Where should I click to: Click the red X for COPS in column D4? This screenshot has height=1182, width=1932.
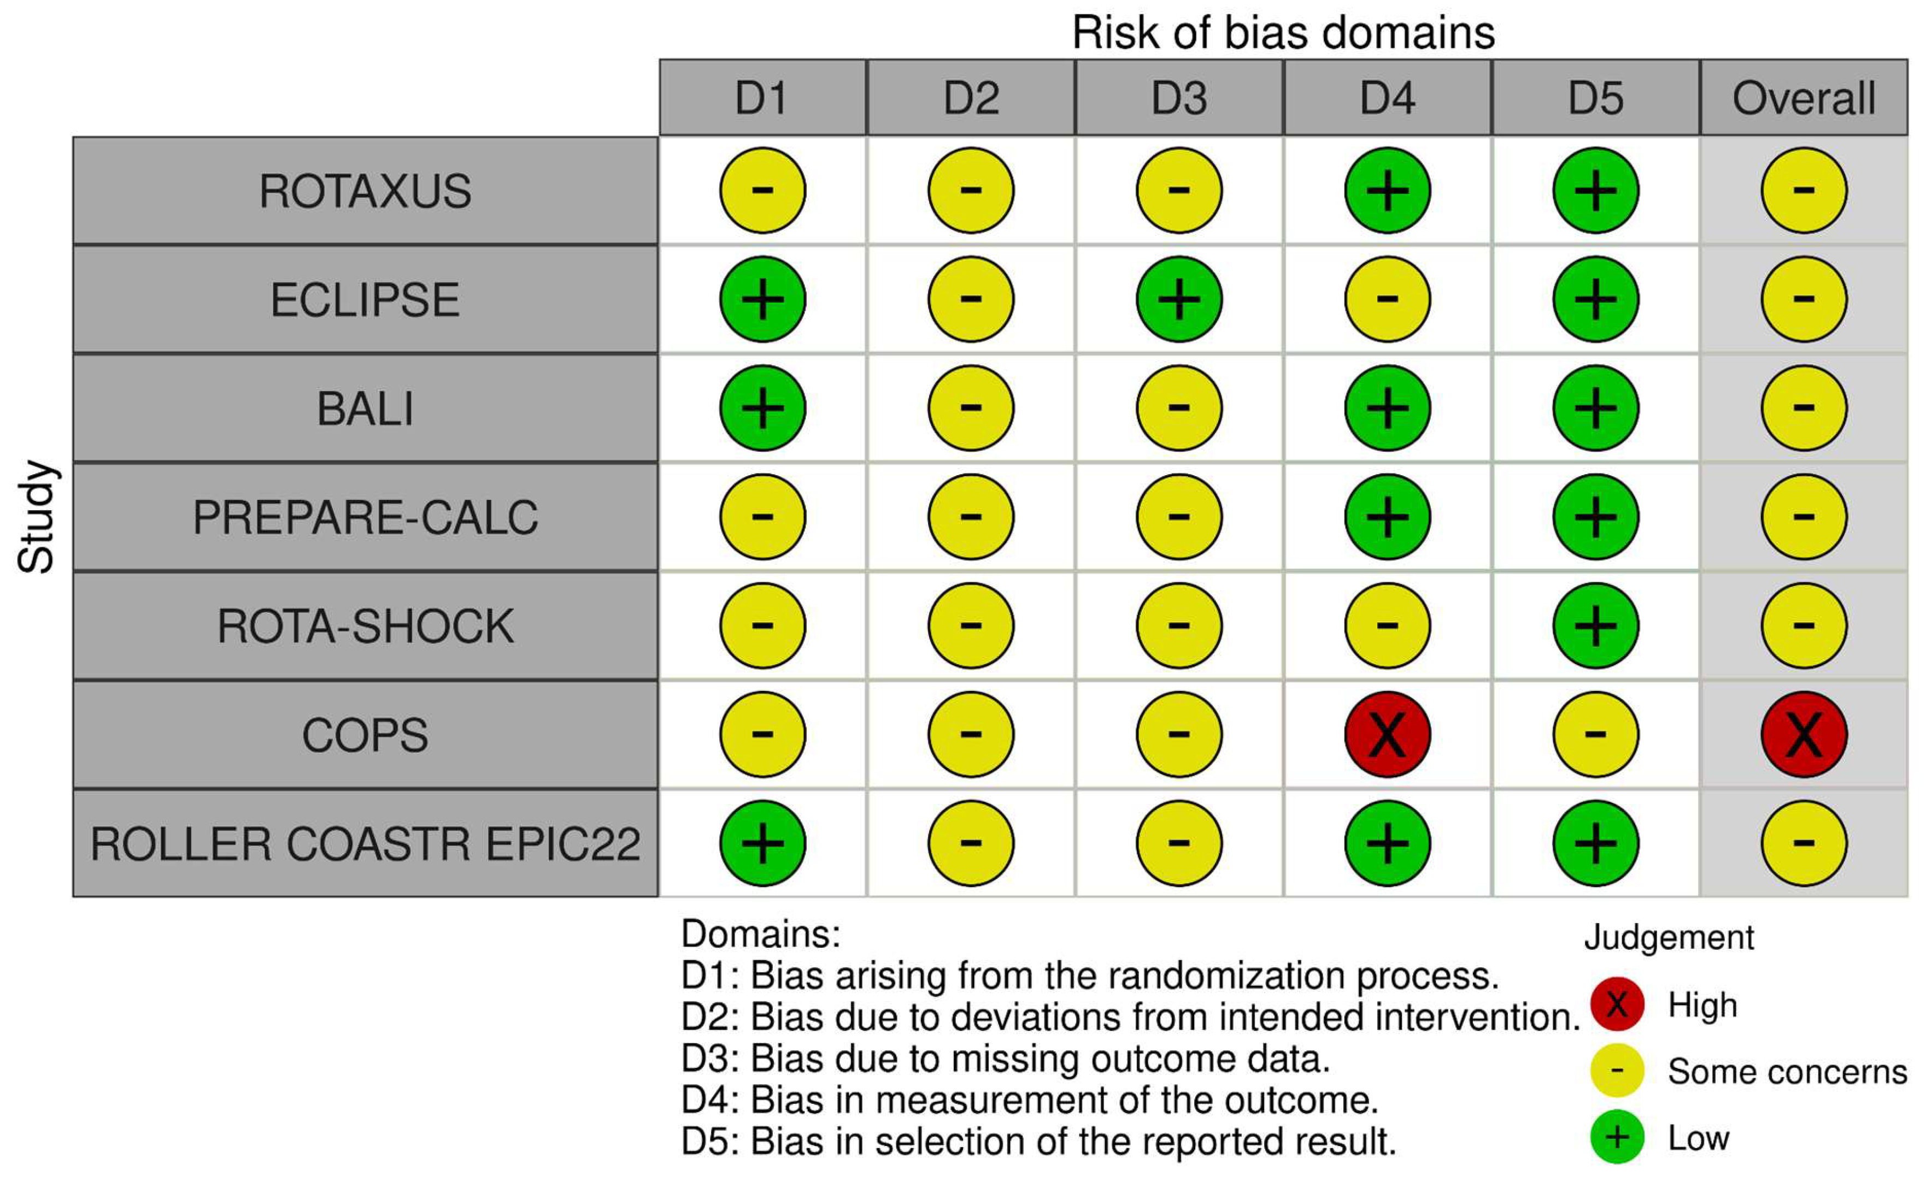tap(1387, 735)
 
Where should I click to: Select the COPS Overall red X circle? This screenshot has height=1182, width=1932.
tap(1804, 735)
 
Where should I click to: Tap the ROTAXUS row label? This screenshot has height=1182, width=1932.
tap(366, 191)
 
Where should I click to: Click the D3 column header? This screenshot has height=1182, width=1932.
tap(1178, 98)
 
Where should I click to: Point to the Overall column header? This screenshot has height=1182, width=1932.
tap(1804, 98)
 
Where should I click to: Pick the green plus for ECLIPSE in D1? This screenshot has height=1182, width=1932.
tap(762, 299)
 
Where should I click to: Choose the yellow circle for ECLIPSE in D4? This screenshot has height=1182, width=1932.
tap(1387, 299)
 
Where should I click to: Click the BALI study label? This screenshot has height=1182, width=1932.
tap(366, 409)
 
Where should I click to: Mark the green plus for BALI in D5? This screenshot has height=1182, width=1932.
tap(1596, 409)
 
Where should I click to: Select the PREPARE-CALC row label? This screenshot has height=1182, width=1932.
tap(366, 517)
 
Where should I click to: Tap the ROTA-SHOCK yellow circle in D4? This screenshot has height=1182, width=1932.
tap(1387, 625)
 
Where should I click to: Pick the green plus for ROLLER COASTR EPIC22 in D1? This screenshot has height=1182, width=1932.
tap(762, 843)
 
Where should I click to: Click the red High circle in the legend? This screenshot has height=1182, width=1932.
tap(1617, 1004)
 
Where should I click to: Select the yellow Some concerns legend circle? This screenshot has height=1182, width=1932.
tap(1617, 1071)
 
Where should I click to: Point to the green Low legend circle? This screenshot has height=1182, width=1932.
tap(1617, 1137)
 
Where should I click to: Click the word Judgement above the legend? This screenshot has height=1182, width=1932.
tap(1669, 937)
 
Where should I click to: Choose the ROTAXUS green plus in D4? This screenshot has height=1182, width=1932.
tap(1387, 191)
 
